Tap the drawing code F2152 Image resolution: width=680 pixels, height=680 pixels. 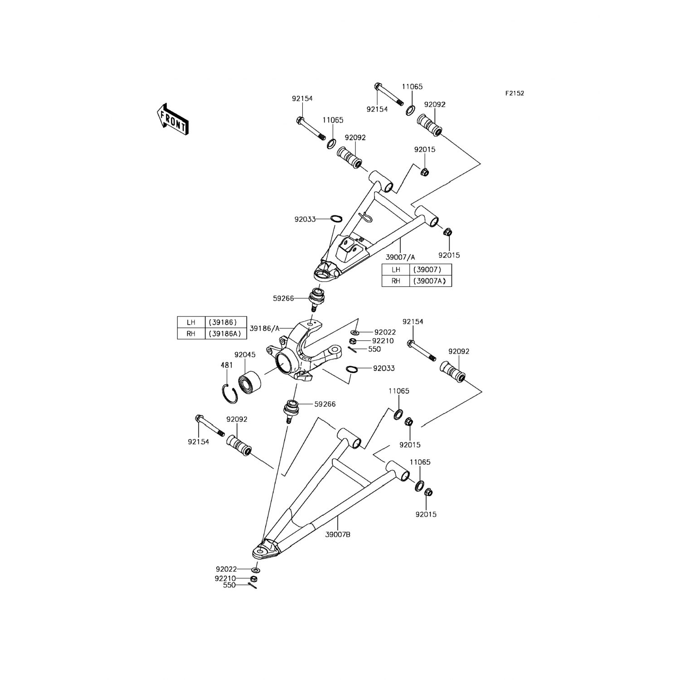point(515,93)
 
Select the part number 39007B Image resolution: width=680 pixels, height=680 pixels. point(338,534)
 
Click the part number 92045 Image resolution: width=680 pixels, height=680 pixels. point(245,355)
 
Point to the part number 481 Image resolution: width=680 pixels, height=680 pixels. point(227,365)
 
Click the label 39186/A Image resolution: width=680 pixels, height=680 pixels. point(265,328)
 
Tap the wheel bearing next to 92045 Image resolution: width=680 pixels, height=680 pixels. point(249,384)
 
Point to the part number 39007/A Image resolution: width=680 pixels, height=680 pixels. point(400,257)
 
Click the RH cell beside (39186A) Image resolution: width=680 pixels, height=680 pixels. point(191,334)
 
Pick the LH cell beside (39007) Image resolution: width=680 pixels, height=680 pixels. point(396,269)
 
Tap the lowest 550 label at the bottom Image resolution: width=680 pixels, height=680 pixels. point(229,585)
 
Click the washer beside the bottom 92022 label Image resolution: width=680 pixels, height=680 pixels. point(256,569)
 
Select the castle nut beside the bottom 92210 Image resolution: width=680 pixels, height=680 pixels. point(254,579)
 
